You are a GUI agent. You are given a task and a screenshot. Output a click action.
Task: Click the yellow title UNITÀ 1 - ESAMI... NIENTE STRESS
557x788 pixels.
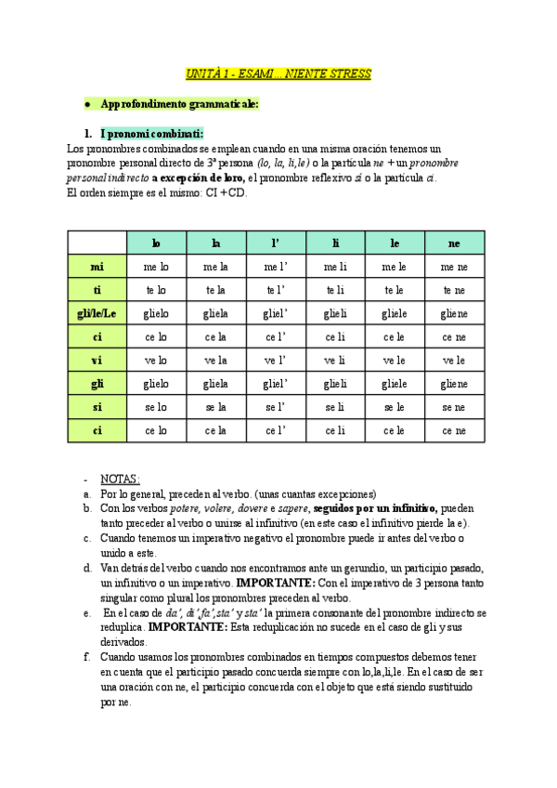[x=278, y=72]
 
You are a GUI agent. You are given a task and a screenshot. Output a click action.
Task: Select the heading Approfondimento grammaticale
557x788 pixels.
[x=180, y=104]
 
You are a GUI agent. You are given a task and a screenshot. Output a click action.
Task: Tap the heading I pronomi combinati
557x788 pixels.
[x=150, y=133]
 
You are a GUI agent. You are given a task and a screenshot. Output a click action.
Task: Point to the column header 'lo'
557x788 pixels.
[x=156, y=243]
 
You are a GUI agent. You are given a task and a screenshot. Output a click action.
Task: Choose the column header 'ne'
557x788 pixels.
[x=454, y=243]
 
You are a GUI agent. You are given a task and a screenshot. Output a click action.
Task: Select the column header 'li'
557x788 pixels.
[x=335, y=243]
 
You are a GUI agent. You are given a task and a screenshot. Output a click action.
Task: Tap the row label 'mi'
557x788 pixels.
[x=97, y=266]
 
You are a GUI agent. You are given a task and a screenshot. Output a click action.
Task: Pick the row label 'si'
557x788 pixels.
[x=97, y=407]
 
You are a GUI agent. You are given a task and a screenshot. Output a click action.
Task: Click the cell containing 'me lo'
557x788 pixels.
[x=156, y=267]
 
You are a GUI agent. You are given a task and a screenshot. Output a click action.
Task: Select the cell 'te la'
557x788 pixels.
[x=215, y=290]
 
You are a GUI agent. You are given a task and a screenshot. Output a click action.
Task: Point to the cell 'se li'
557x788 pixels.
[x=335, y=407]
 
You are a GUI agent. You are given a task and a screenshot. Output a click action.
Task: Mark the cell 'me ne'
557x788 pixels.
[x=454, y=267]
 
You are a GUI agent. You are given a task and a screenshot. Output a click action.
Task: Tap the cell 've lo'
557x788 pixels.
[x=156, y=361]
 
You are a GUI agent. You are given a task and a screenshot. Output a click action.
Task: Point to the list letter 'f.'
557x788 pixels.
[x=85, y=657]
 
